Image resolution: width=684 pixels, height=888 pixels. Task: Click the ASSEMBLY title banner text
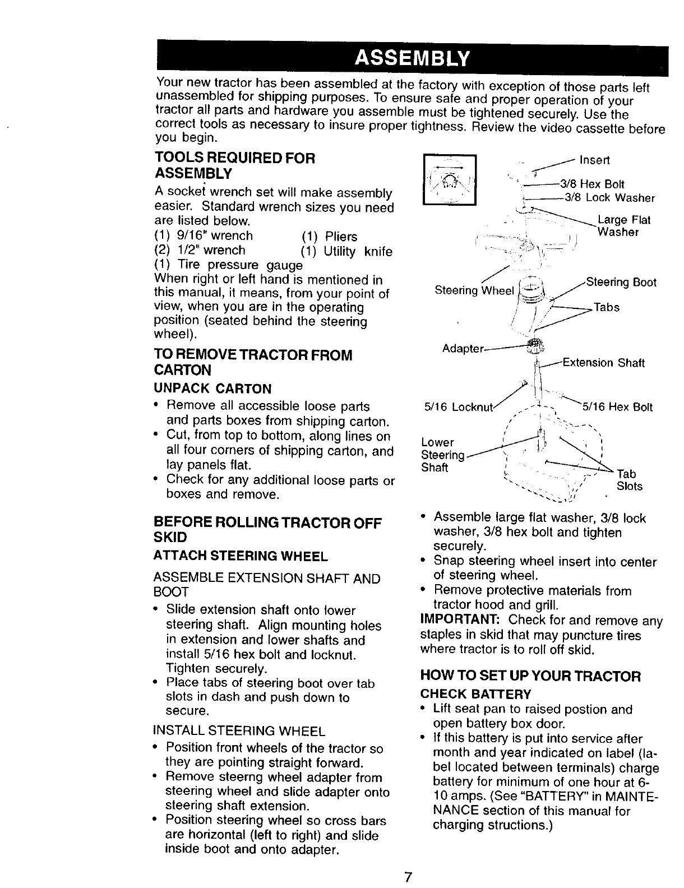click(413, 58)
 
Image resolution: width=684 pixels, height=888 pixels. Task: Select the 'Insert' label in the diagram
click(594, 160)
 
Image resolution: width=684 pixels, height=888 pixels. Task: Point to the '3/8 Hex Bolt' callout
click(602, 184)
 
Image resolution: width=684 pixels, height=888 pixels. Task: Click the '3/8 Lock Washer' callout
click(609, 197)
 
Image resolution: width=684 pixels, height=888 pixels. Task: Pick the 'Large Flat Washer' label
click(623, 226)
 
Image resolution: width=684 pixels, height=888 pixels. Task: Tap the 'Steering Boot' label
click(621, 283)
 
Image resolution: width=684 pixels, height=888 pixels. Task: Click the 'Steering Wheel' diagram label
click(474, 290)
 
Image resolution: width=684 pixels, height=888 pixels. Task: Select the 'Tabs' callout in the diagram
click(607, 307)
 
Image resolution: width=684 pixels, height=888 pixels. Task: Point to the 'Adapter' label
click(463, 349)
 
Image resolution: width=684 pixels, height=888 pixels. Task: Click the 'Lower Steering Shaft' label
click(442, 455)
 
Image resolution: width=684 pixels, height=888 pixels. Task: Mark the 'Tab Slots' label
click(628, 480)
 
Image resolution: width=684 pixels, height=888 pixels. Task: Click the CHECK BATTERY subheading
click(475, 694)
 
